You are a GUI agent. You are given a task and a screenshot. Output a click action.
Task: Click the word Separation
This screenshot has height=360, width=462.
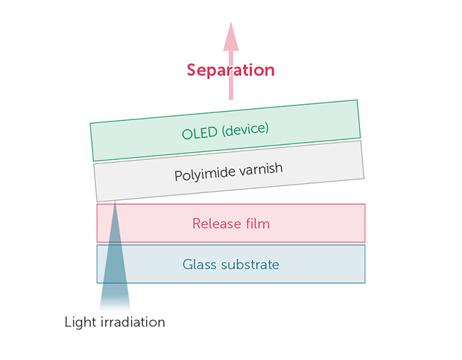click(x=231, y=70)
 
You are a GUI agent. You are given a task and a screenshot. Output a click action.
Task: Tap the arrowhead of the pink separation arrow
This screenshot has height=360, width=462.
click(x=231, y=37)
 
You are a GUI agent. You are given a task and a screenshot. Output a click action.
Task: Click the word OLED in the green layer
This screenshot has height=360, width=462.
click(x=200, y=133)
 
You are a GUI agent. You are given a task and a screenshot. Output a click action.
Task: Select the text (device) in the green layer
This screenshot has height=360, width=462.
click(x=245, y=129)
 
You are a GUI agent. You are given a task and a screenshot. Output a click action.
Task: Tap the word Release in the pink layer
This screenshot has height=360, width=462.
click(x=217, y=223)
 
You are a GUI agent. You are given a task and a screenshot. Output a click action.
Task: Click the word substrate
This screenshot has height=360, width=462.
click(x=250, y=264)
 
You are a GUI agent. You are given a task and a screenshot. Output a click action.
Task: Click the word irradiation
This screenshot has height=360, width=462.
click(x=133, y=322)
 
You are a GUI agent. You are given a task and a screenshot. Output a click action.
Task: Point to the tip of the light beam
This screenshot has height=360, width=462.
click(x=115, y=201)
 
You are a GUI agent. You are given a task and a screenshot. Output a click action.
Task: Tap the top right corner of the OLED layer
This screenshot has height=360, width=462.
click(x=357, y=100)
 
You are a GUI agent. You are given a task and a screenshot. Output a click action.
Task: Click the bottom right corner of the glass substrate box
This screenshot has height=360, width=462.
click(x=365, y=283)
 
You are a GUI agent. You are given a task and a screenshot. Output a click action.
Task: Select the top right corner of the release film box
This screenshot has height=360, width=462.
click(x=365, y=204)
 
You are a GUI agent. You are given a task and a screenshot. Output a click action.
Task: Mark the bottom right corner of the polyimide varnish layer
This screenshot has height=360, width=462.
click(x=364, y=178)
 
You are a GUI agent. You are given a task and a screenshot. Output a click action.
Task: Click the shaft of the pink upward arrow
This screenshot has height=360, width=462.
click(x=231, y=75)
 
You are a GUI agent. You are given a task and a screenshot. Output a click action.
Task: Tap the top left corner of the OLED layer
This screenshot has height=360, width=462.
click(x=90, y=123)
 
